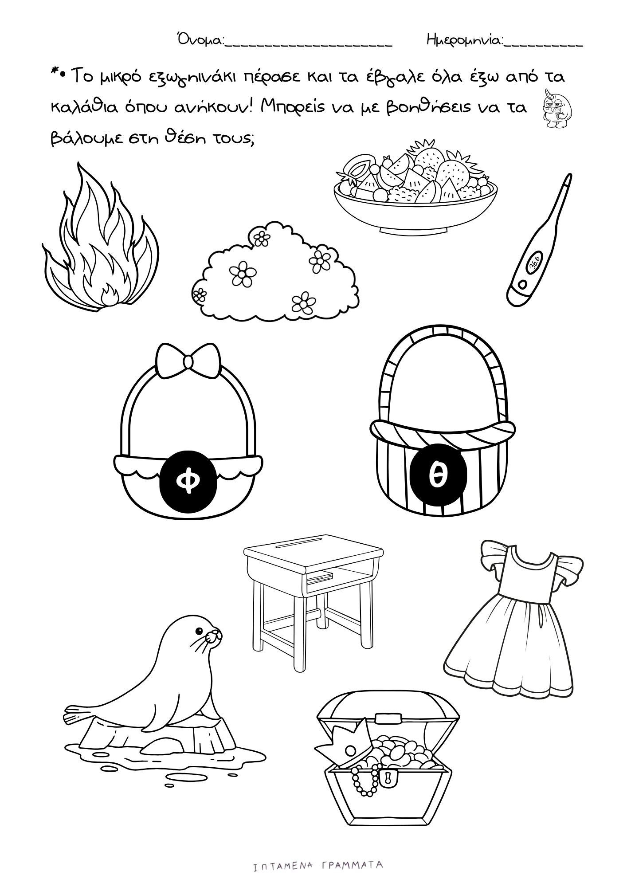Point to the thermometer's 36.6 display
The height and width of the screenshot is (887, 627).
coord(534,263)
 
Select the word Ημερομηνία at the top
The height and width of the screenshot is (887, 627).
coord(465,41)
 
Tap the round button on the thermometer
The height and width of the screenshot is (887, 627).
coord(521,284)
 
